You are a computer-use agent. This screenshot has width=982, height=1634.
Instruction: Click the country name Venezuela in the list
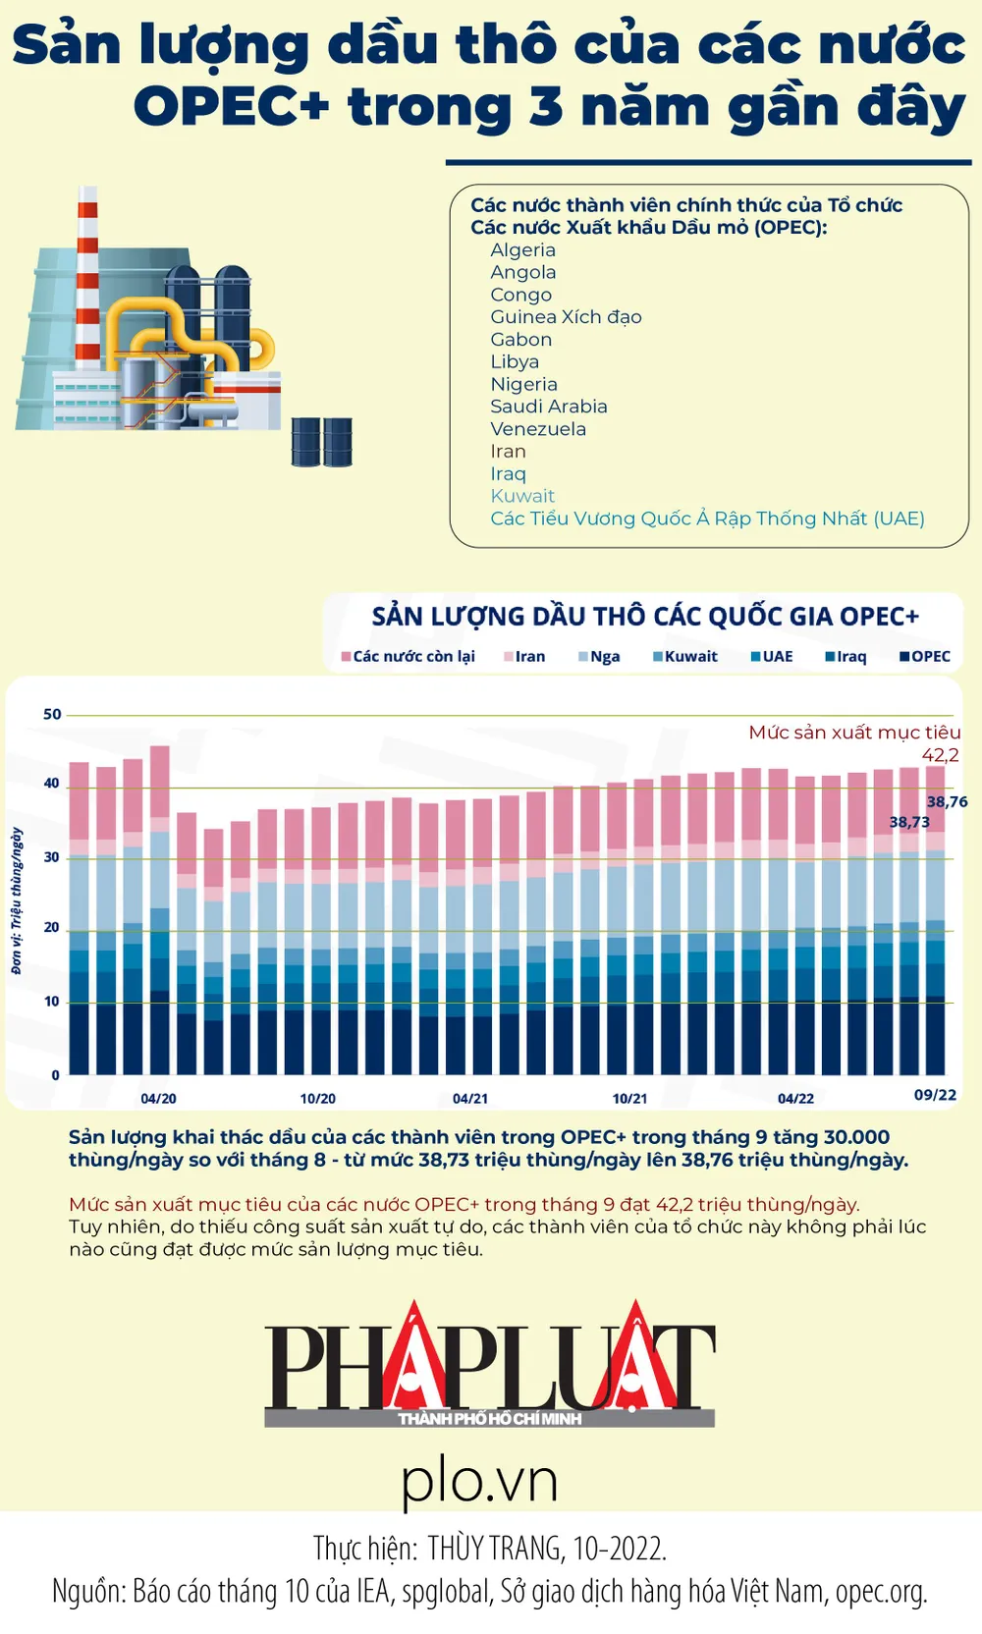(x=538, y=429)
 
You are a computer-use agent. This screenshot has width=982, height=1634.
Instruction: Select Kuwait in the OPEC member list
(x=522, y=496)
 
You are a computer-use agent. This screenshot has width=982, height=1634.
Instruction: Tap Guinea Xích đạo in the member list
(x=566, y=317)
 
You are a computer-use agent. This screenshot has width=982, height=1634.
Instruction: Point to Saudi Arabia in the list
(x=549, y=407)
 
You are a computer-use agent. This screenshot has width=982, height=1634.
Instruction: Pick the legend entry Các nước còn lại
(x=409, y=657)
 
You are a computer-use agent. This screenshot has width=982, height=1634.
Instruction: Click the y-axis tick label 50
(x=52, y=715)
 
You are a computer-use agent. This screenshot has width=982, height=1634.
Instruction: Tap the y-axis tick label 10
(x=52, y=1002)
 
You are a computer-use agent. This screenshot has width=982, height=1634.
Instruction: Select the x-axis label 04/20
(x=158, y=1099)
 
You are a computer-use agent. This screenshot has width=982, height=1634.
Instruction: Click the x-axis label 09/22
(x=935, y=1095)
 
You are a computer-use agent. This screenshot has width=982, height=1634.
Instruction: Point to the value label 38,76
(x=947, y=801)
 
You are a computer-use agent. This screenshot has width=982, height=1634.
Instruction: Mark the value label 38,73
(x=909, y=822)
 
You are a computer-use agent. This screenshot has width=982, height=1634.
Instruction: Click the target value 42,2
(x=940, y=755)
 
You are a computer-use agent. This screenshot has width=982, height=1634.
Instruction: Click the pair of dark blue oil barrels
(x=322, y=442)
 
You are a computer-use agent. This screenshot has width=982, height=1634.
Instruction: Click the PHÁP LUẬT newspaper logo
(x=489, y=1365)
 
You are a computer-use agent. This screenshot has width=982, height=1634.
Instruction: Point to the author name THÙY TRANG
(x=496, y=1549)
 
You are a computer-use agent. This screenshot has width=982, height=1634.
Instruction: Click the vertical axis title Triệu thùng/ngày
(x=17, y=900)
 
